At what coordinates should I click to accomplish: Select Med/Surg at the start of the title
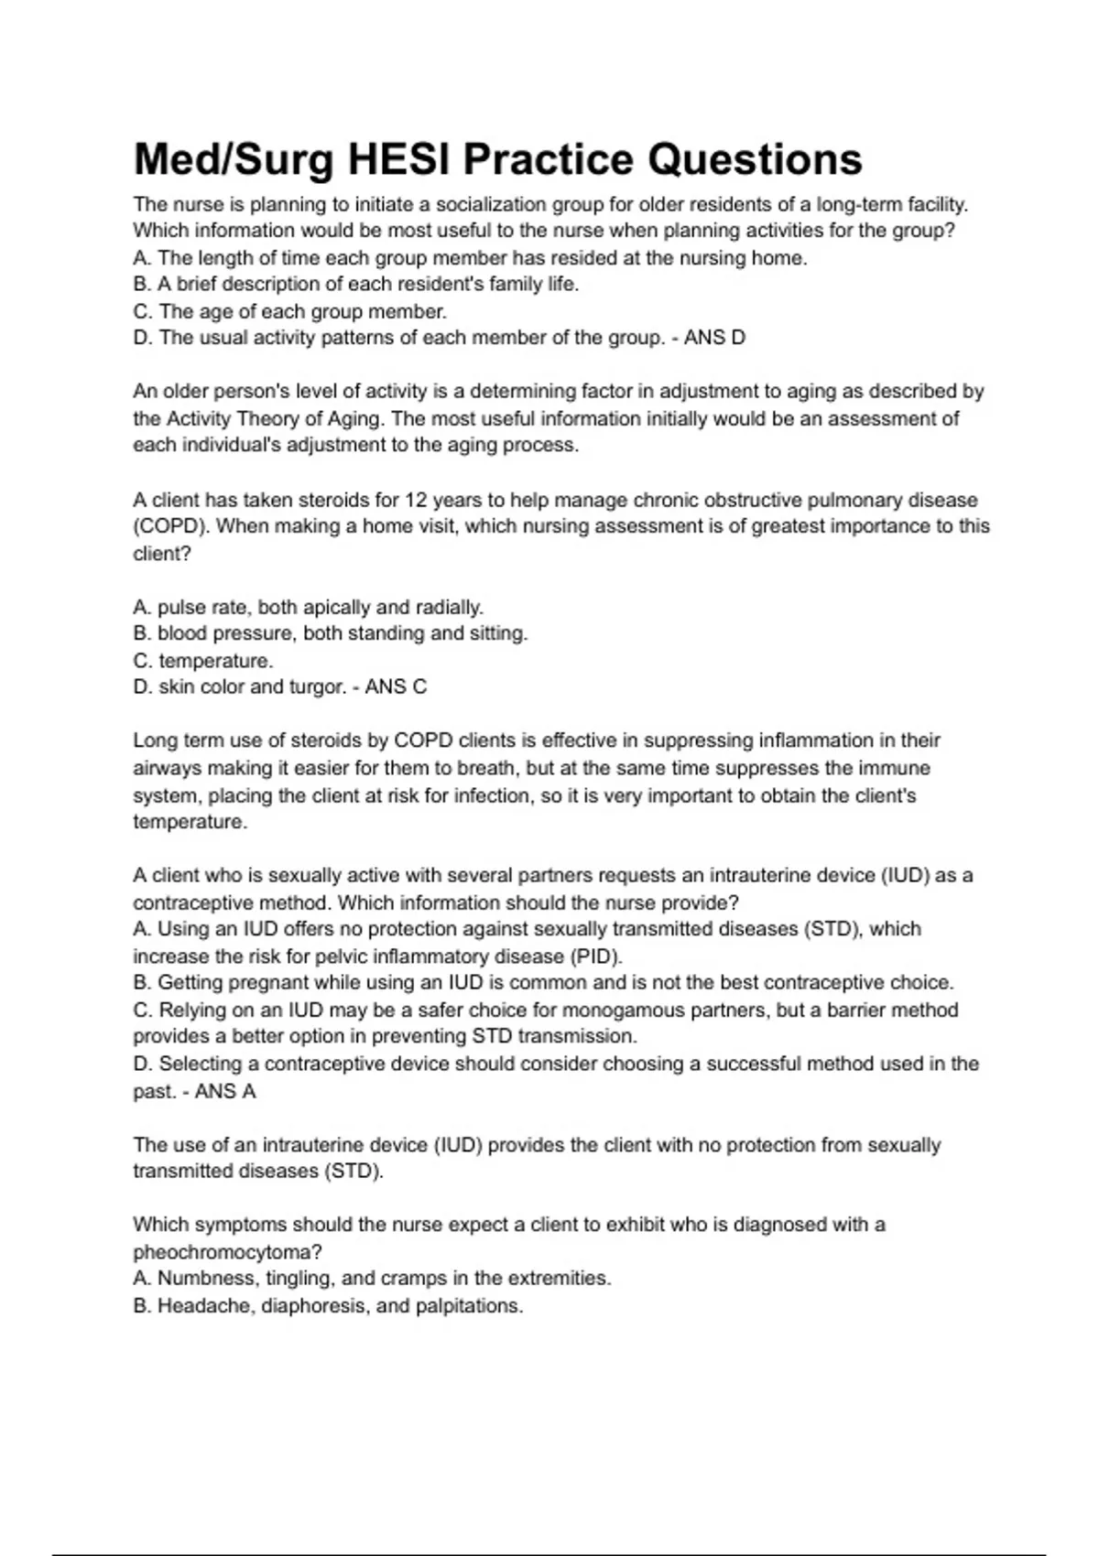pos(234,159)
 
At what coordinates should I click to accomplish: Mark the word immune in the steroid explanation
pos(900,768)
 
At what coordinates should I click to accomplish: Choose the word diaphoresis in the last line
pos(314,1305)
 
